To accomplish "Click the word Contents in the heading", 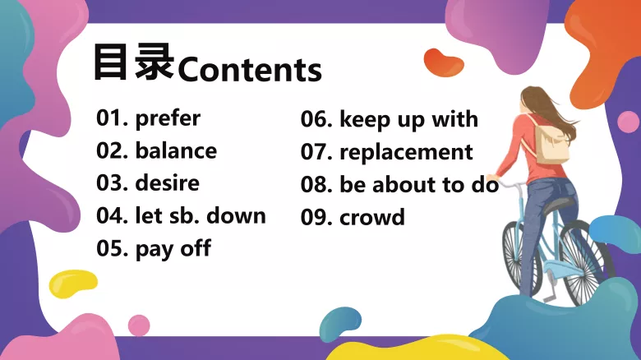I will point(250,70).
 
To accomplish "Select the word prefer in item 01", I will point(168,118).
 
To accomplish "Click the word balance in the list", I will point(176,151).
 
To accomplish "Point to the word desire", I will point(167,182).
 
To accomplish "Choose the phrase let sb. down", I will point(201,215).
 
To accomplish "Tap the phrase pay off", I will point(173,248).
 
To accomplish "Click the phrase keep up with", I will point(408,119).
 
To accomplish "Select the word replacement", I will point(406,152).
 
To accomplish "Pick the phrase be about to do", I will point(419,185).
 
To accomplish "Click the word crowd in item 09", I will point(372,218).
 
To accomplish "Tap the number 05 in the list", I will point(109,248).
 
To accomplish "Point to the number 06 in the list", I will point(314,119).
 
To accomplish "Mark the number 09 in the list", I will point(314,218).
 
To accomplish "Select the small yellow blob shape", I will point(73,284).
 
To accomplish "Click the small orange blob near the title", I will point(444,62).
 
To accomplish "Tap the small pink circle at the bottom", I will point(139,325).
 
